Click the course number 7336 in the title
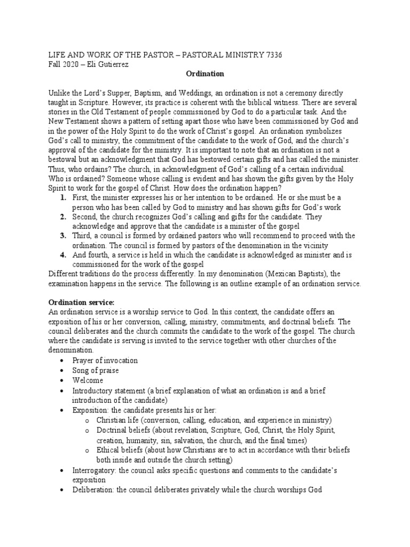tap(274, 55)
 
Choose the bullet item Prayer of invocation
tap(105, 361)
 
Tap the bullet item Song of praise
tap(96, 370)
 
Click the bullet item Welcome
tap(88, 380)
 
